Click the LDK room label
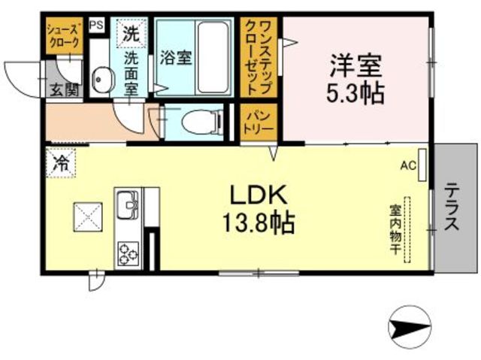[x=259, y=195]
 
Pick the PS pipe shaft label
[x=96, y=25]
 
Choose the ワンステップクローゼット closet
[x=259, y=58]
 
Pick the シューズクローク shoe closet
[x=63, y=35]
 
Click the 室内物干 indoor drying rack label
[x=394, y=229]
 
